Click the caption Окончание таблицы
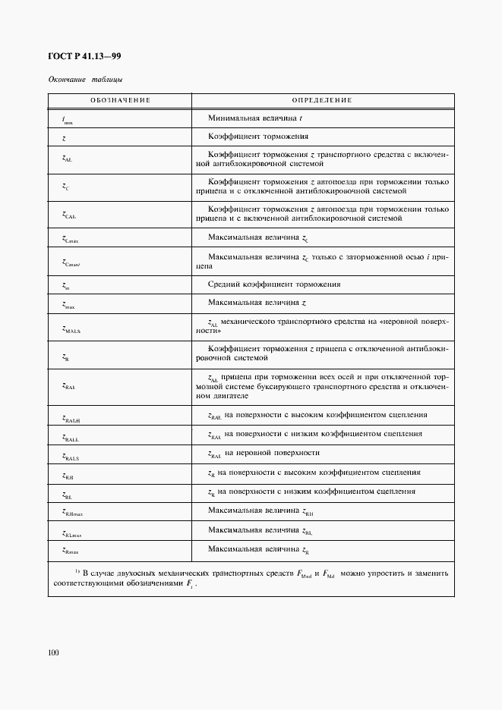coord(85,80)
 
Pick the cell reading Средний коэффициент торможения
coord(273,284)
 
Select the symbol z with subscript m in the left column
coord(66,286)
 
